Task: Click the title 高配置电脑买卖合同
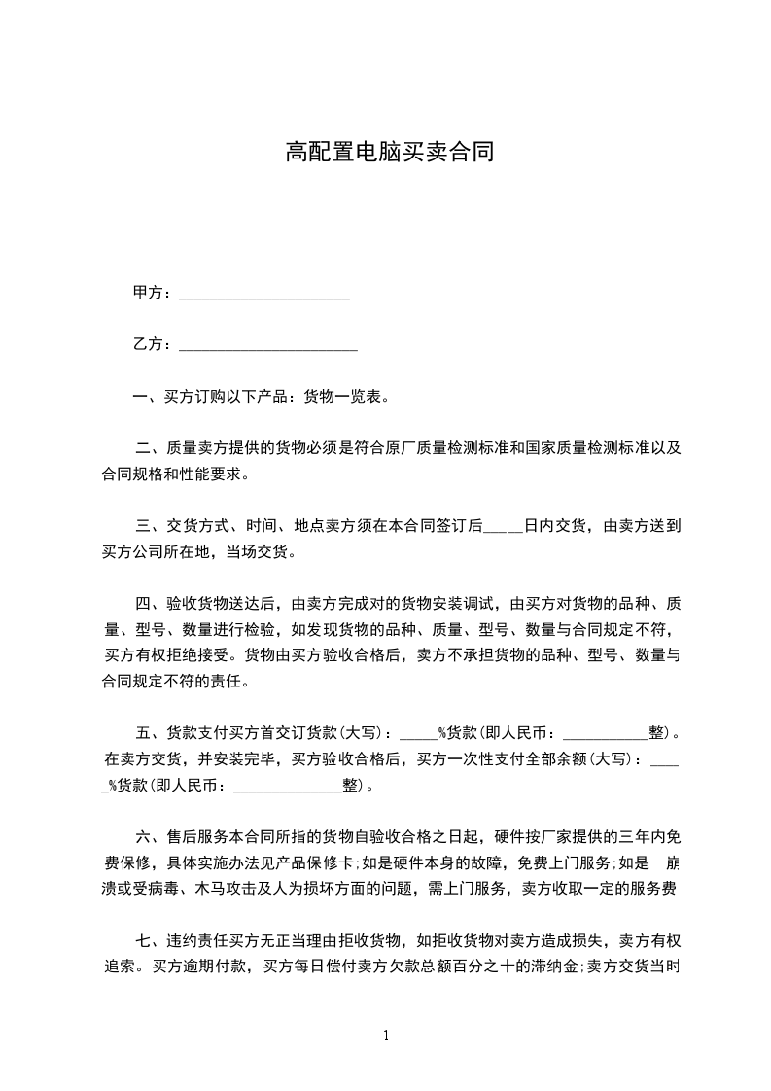tap(390, 152)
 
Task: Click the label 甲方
tap(148, 293)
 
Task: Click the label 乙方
tap(148, 344)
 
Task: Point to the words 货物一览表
tap(344, 396)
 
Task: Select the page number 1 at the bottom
tap(386, 1036)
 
